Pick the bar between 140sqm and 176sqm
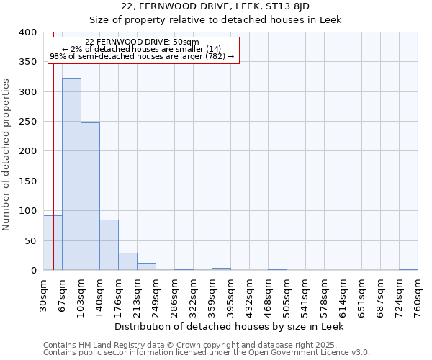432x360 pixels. point(109,245)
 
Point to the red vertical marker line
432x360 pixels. point(53,144)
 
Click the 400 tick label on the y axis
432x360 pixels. point(27,32)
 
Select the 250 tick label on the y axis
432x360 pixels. point(27,122)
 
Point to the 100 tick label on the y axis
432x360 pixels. point(27,211)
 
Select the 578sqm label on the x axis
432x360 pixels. point(324,297)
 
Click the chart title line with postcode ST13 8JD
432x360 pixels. point(215,6)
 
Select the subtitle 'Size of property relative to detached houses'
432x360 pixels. point(215,19)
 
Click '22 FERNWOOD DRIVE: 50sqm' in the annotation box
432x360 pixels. point(142,42)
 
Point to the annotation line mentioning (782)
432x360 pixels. point(142,56)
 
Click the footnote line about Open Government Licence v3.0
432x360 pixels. point(207,353)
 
